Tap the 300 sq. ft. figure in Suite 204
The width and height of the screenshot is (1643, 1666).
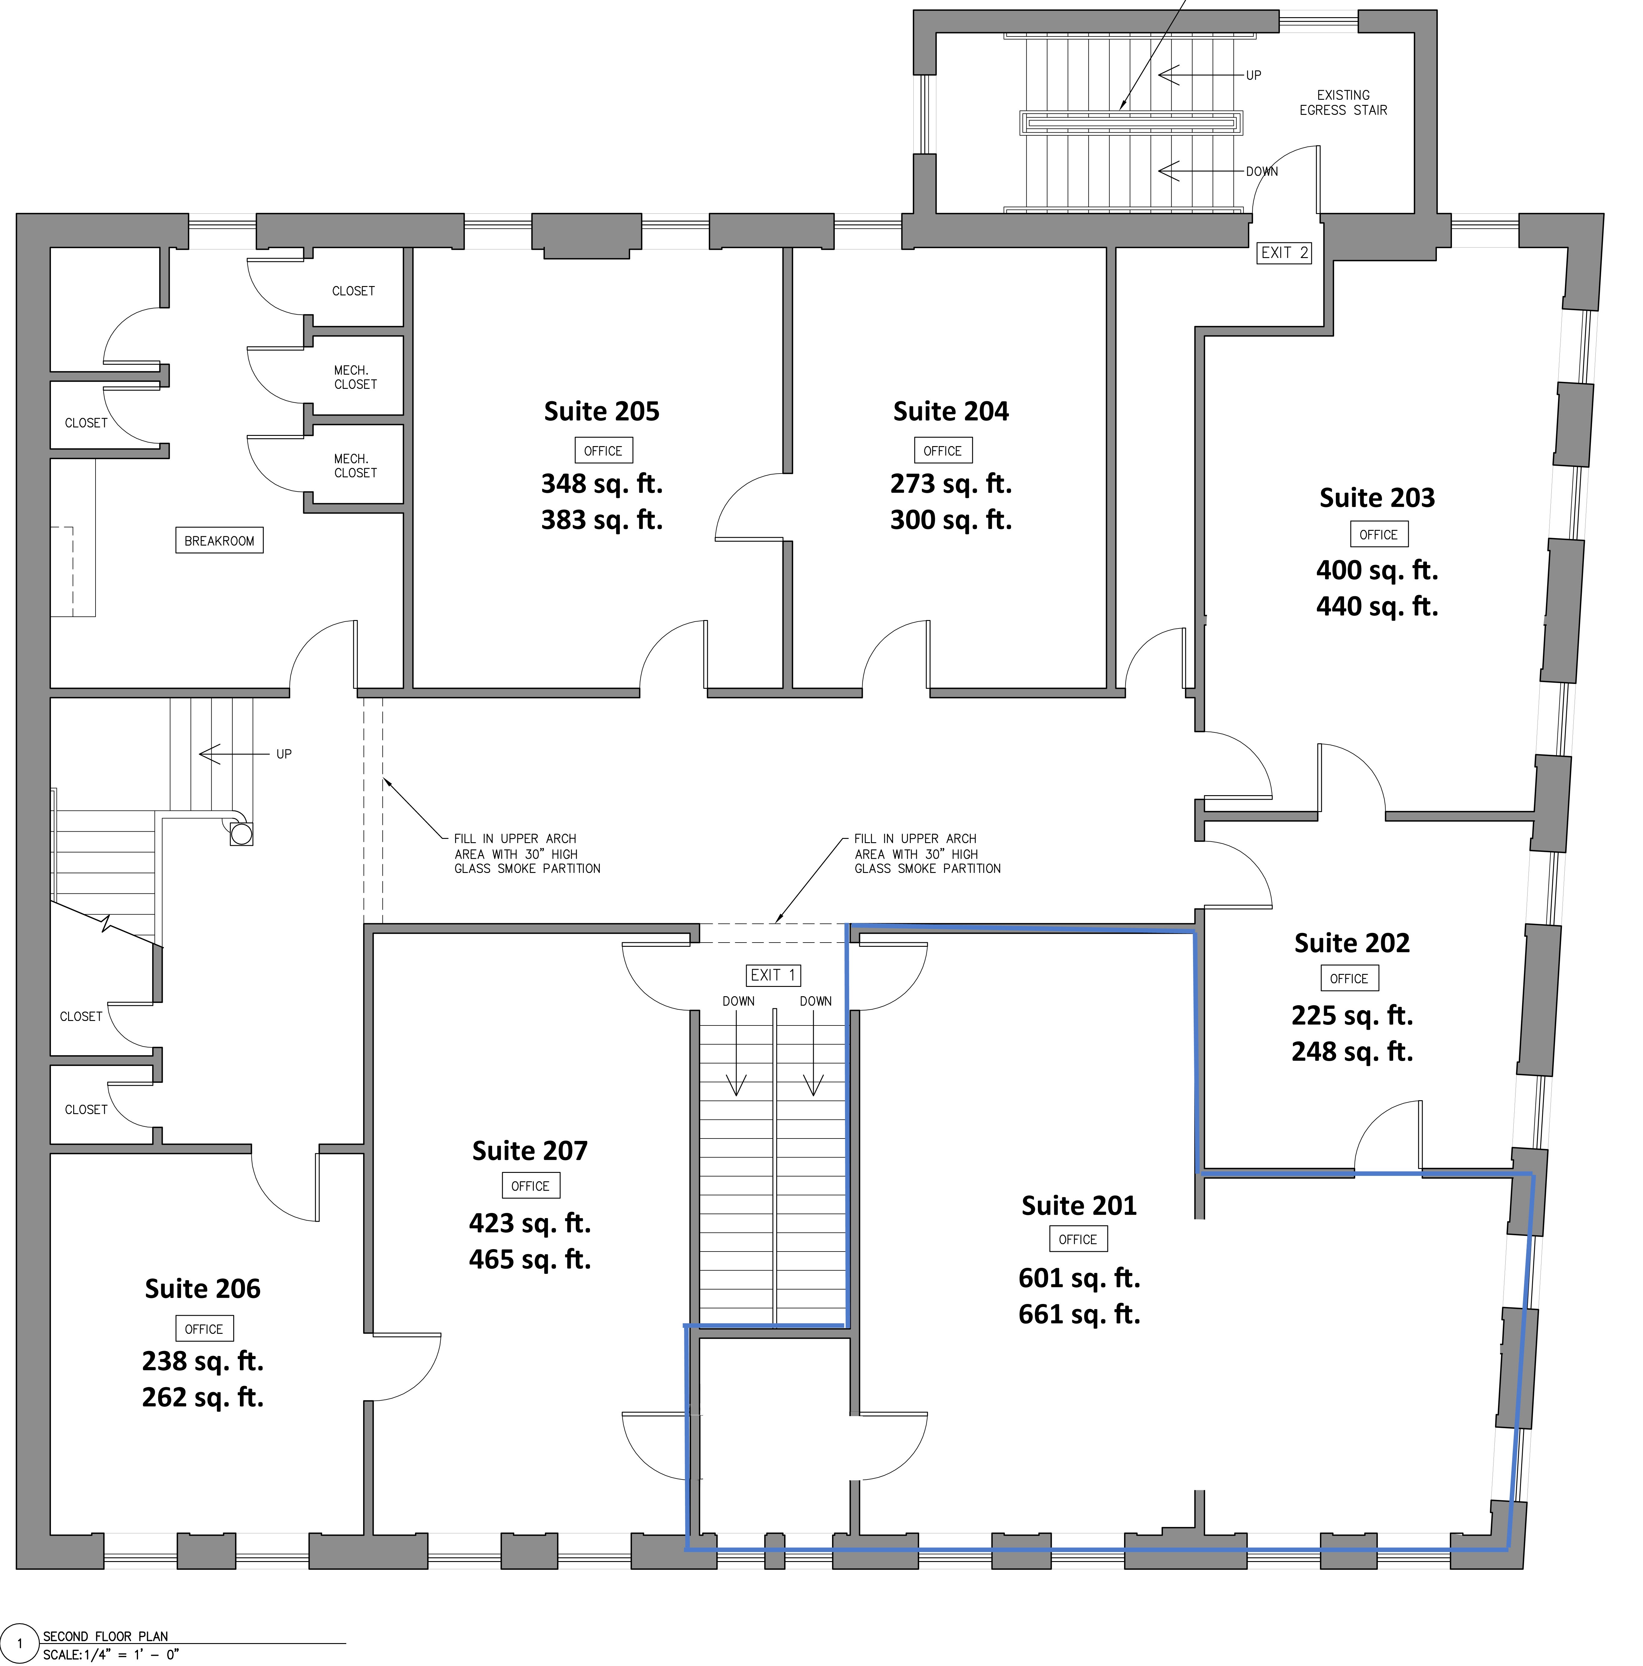(x=951, y=520)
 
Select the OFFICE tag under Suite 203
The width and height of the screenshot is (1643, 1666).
(x=1378, y=535)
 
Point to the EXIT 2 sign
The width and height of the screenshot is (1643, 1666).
(x=1283, y=253)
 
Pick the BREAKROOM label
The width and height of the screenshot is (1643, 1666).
(x=219, y=541)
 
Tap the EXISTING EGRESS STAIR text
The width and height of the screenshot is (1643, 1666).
(x=1343, y=102)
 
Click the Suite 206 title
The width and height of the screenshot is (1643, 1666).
(x=203, y=1288)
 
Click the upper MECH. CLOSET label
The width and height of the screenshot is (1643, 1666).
(x=355, y=377)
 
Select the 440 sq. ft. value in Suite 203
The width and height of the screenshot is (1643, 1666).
(x=1377, y=606)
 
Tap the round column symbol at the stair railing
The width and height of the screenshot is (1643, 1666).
(x=241, y=834)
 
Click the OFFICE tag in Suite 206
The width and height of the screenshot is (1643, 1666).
(x=203, y=1329)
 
